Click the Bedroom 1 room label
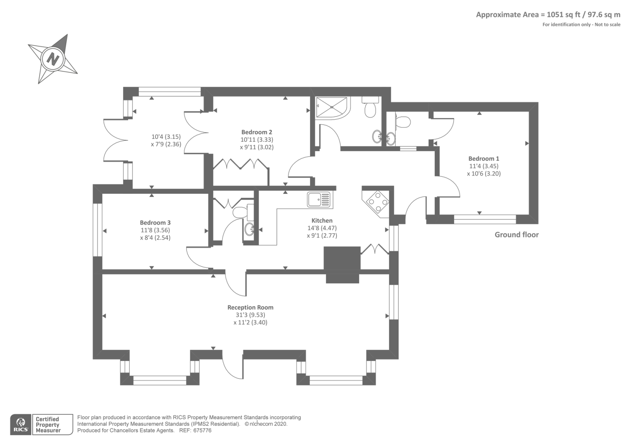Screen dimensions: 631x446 pyautogui.click(x=484, y=159)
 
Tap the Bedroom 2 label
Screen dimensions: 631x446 pyautogui.click(x=257, y=132)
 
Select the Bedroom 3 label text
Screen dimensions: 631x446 pyautogui.click(x=155, y=223)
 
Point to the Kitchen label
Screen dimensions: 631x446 pyautogui.click(x=322, y=221)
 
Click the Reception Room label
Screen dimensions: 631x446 pyautogui.click(x=250, y=307)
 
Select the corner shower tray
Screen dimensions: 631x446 pyautogui.click(x=332, y=107)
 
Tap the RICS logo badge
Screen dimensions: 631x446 pyautogui.click(x=21, y=425)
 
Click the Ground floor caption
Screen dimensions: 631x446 pyautogui.click(x=517, y=235)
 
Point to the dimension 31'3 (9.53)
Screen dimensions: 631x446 pyautogui.click(x=250, y=315)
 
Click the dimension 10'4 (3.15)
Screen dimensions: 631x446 pyautogui.click(x=166, y=137)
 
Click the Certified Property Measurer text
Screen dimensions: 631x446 pyautogui.click(x=48, y=425)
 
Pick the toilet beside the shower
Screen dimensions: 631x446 pyautogui.click(x=370, y=107)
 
